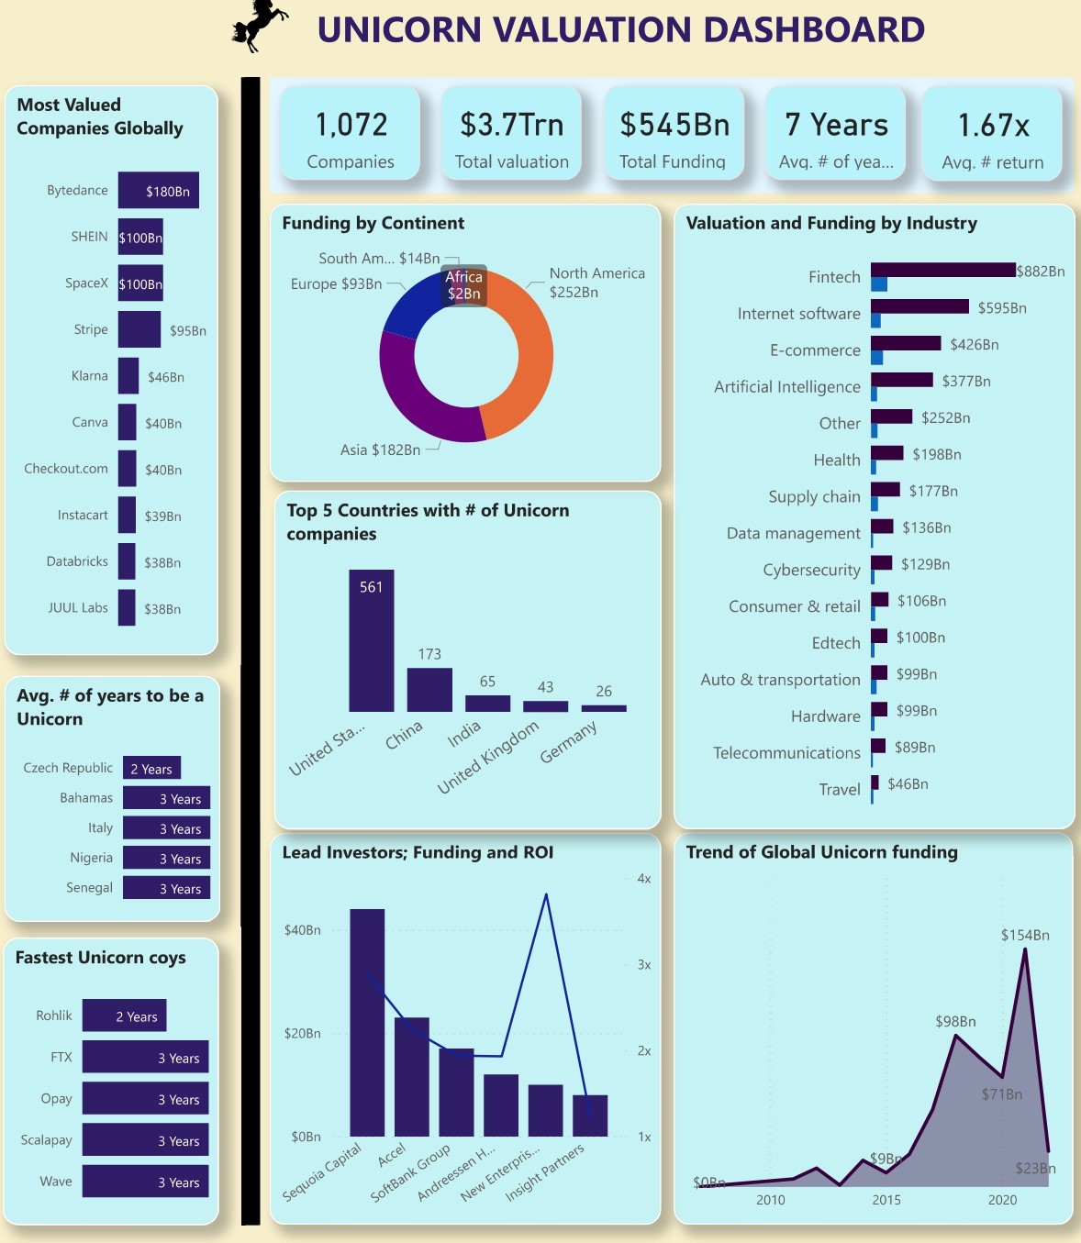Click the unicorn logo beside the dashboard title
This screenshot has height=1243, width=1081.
tap(259, 25)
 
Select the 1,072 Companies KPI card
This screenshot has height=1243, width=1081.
tap(351, 134)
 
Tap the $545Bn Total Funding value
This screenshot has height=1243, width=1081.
tap(674, 124)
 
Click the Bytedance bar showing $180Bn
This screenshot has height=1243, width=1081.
tap(158, 191)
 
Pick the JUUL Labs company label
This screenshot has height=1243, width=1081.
tap(78, 607)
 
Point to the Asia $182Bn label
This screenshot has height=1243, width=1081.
tap(380, 449)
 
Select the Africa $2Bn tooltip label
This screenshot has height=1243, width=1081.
tap(463, 285)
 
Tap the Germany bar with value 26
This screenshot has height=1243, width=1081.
tap(603, 707)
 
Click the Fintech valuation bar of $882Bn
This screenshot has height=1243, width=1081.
tap(942, 270)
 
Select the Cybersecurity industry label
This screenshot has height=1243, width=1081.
tap(811, 570)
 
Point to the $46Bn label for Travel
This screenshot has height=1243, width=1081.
tap(908, 784)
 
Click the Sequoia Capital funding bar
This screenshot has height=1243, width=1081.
tap(367, 1022)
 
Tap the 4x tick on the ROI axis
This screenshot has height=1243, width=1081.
tap(644, 879)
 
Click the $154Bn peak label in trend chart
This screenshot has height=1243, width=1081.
tap(1024, 935)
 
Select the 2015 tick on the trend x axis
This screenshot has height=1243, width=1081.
tap(886, 1200)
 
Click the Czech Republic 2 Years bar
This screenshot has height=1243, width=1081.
tap(151, 767)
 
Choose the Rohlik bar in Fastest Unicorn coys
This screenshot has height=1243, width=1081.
tap(124, 1015)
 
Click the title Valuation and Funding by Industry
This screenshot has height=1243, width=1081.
tap(831, 223)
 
